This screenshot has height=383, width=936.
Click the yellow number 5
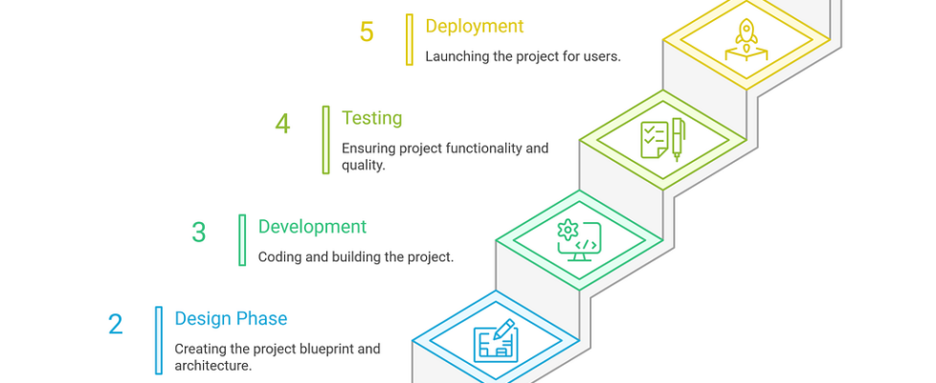[367, 32]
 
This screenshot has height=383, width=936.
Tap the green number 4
[282, 124]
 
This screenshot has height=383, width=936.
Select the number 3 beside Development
[199, 233]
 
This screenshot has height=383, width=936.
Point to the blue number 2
[115, 325]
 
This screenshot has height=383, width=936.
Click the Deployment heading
[475, 26]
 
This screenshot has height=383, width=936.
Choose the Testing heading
[372, 118]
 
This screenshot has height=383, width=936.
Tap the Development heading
[312, 227]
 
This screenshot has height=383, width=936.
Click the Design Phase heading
[231, 319]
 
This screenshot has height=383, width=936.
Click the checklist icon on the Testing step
[655, 140]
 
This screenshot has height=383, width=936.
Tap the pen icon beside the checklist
[678, 139]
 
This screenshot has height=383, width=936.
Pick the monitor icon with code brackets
[578, 240]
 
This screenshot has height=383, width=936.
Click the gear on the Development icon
[568, 230]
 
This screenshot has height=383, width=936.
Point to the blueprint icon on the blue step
[496, 341]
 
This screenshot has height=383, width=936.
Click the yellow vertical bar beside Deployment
[410, 39]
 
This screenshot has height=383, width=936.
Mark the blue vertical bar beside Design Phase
[159, 341]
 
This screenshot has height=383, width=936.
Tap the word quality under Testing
[364, 166]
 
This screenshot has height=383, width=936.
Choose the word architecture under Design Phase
[213, 365]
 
